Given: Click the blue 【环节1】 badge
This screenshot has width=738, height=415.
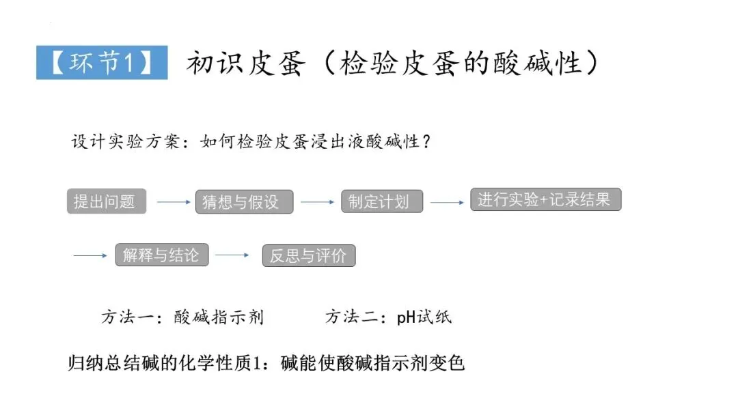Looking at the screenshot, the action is point(102,63).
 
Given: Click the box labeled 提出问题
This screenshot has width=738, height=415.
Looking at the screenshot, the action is point(106,201).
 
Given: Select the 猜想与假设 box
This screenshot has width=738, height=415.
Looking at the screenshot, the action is point(245,202).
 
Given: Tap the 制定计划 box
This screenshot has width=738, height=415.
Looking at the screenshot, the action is point(382,201).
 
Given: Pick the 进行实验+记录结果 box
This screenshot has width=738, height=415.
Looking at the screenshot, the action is point(545,199).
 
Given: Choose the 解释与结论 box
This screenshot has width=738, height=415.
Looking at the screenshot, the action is point(162,255).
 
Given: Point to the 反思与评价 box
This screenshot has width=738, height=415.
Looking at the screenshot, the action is point(309,256).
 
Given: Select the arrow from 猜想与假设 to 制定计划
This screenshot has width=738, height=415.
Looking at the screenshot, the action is point(317,202).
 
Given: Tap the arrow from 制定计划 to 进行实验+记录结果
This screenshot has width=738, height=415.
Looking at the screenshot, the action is point(447,202).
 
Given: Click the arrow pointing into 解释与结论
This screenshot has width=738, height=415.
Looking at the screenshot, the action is point(90,256).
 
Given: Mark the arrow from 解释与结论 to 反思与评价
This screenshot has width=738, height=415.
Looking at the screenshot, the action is point(232,256).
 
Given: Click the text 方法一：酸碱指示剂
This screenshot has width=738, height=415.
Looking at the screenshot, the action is point(182,317).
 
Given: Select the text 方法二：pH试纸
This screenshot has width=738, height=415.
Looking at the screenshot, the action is point(387,317).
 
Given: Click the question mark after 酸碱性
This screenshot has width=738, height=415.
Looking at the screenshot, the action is point(426,143).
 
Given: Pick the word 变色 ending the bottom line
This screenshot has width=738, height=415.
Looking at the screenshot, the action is point(448,362).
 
